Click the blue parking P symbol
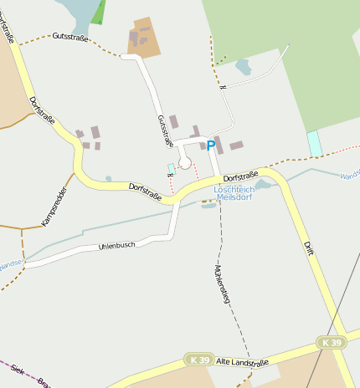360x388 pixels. [211, 145]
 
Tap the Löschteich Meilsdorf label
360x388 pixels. [234, 194]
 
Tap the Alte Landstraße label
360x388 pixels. [242, 362]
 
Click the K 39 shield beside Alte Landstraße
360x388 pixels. [198, 360]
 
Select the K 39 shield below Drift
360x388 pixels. [332, 343]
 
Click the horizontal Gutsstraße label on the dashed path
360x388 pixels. [70, 37]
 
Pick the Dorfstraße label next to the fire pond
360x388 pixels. [241, 176]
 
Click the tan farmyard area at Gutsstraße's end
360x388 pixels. [144, 38]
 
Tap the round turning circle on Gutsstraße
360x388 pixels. [185, 162]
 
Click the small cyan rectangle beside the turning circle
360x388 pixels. [172, 168]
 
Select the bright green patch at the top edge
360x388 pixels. [99, 11]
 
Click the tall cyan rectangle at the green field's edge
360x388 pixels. [315, 143]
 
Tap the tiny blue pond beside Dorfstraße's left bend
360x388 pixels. [109, 178]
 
